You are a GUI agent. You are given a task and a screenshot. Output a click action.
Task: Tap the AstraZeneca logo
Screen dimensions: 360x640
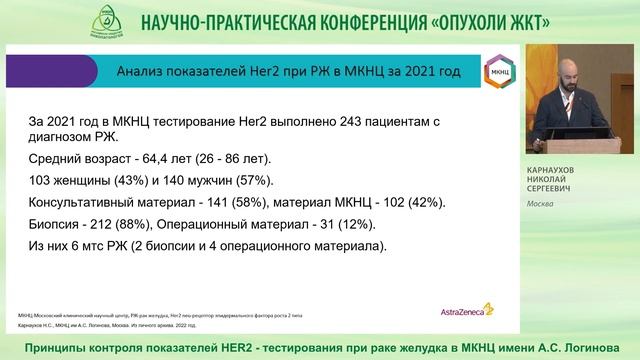461,311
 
